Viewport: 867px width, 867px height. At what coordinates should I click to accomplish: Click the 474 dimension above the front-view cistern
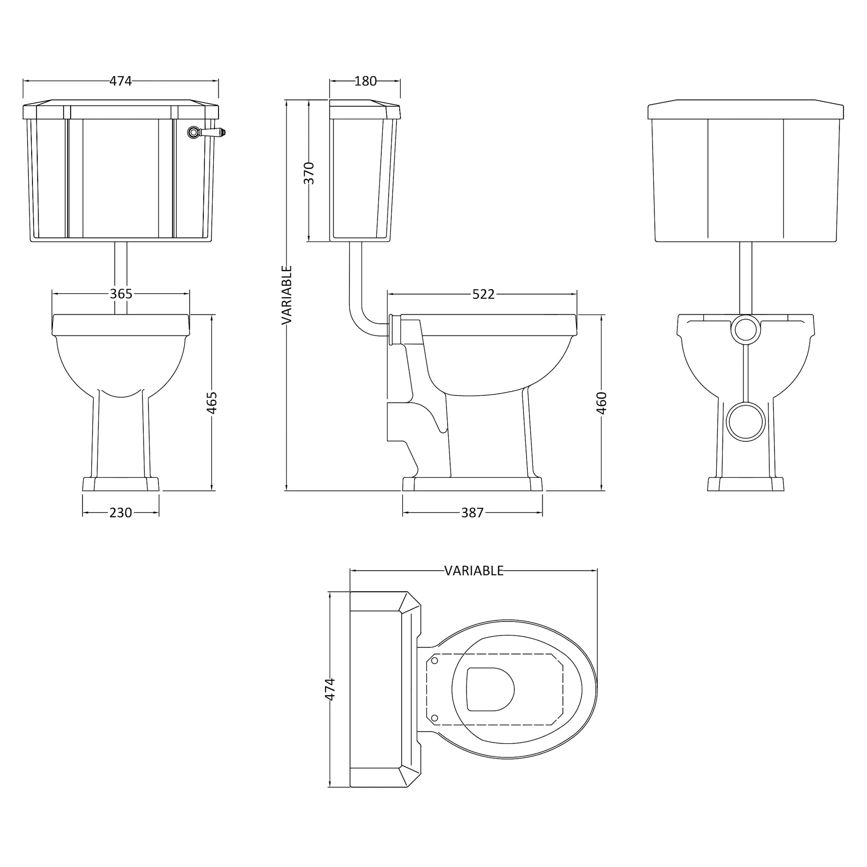pyautogui.click(x=121, y=81)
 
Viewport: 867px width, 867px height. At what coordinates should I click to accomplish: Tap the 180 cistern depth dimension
pyautogui.click(x=365, y=81)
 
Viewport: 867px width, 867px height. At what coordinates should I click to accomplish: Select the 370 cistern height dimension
pyautogui.click(x=309, y=173)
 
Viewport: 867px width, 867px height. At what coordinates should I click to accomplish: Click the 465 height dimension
pyautogui.click(x=212, y=403)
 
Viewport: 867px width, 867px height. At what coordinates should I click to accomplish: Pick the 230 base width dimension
pyautogui.click(x=121, y=512)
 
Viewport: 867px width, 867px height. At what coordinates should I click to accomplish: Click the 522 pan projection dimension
pyautogui.click(x=483, y=294)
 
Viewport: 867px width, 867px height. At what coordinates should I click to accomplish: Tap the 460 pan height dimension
pyautogui.click(x=601, y=403)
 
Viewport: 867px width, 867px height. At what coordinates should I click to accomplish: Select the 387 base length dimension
pyautogui.click(x=473, y=512)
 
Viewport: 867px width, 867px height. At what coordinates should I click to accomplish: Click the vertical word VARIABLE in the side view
pyautogui.click(x=287, y=295)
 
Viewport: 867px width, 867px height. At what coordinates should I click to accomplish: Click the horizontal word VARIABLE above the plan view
pyautogui.click(x=474, y=570)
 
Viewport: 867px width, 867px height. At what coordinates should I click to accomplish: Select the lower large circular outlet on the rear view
pyautogui.click(x=746, y=422)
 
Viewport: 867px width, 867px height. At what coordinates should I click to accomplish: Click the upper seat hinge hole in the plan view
pyautogui.click(x=434, y=661)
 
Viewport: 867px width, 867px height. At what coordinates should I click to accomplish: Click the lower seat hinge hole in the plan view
pyautogui.click(x=434, y=718)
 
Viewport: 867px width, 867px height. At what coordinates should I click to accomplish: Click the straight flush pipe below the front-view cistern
pyautogui.click(x=121, y=278)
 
